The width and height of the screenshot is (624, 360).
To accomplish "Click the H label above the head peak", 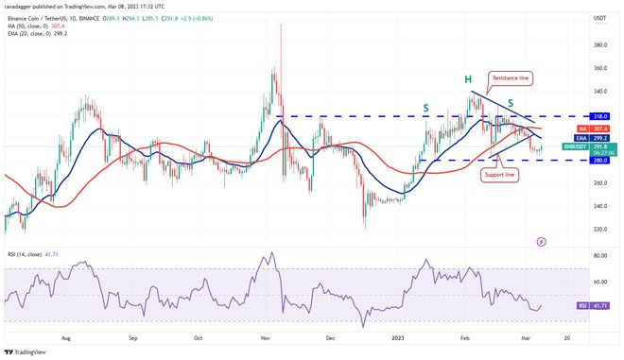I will pos(468,77).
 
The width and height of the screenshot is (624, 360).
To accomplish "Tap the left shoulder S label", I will pos(426,108).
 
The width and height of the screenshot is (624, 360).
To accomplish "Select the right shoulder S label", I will pos(511,102).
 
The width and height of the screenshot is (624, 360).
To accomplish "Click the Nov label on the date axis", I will pos(266,335).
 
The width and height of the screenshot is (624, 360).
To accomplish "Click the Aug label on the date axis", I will pos(67,335).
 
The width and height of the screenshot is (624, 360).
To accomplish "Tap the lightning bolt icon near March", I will pos(540,242).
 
